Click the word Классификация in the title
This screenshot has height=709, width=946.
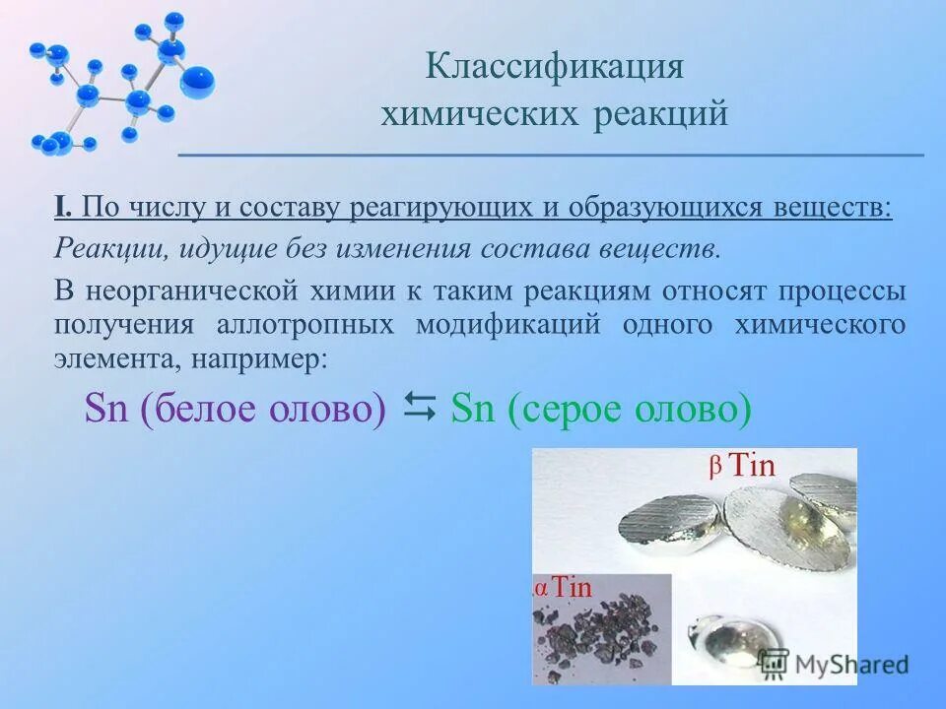click(555, 68)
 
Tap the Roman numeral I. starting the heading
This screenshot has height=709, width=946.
click(62, 208)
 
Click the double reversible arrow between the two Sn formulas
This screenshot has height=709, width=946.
click(420, 407)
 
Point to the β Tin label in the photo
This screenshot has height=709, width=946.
click(742, 466)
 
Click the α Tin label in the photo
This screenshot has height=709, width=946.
click(563, 588)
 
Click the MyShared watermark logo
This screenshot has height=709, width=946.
click(834, 663)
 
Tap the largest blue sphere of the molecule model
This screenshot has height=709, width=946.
click(197, 81)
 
